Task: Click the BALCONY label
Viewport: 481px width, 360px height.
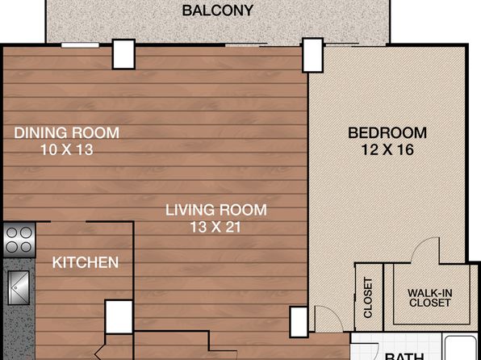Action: (217, 10)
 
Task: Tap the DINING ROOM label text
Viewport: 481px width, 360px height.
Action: (66, 133)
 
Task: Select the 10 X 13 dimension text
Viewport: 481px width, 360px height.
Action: (66, 150)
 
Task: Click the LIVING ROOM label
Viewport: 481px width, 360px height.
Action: (216, 210)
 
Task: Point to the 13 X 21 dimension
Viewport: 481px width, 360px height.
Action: (216, 227)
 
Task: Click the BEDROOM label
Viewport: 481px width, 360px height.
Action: (387, 133)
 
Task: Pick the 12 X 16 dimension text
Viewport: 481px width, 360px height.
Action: (387, 150)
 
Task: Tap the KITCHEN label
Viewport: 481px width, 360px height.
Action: (86, 262)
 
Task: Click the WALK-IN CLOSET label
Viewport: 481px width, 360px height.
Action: (429, 298)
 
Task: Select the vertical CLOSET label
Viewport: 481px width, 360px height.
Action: (368, 297)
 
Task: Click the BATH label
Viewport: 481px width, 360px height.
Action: (404, 357)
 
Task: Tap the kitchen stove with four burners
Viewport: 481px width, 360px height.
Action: (19, 240)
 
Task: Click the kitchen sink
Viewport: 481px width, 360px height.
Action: (19, 287)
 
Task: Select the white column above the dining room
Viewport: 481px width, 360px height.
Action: (123, 54)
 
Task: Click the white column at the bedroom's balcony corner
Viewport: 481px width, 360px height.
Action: (312, 55)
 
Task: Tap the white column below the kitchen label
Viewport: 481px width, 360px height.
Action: (119, 317)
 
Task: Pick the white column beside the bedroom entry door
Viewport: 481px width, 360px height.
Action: (299, 321)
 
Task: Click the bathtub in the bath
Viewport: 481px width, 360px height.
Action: (460, 349)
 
